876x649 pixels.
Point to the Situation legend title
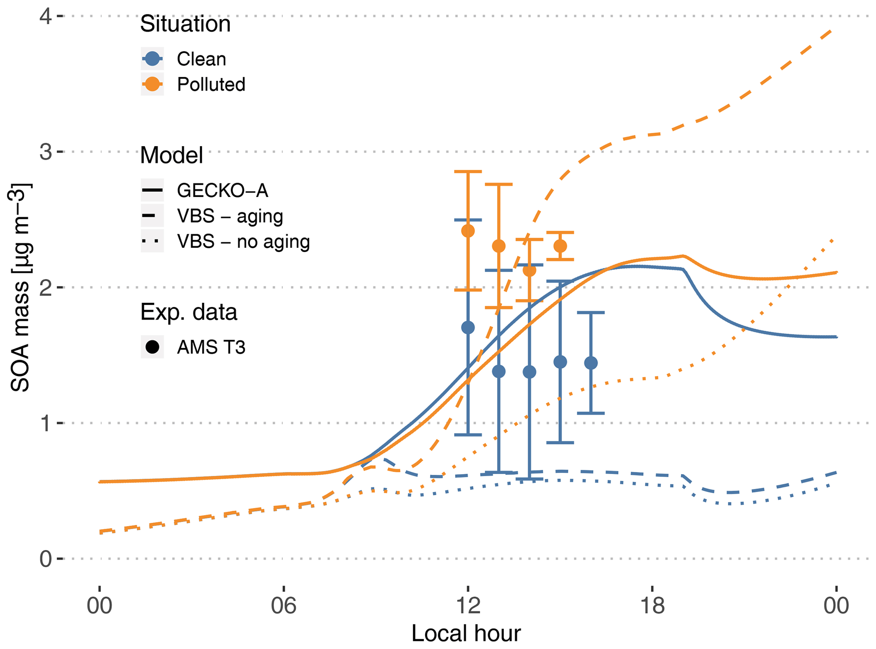tap(185, 24)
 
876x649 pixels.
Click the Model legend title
tap(172, 155)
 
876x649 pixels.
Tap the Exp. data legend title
tap(189, 312)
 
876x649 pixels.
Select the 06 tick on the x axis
tap(284, 606)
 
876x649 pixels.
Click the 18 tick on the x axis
tap(652, 606)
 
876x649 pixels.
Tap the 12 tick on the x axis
tap(468, 606)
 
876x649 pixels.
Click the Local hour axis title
tap(466, 634)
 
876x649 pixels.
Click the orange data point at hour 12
tap(468, 231)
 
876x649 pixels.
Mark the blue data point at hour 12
tap(468, 327)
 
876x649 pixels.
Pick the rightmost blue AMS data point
tap(591, 363)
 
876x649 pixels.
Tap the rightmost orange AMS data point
tap(560, 246)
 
